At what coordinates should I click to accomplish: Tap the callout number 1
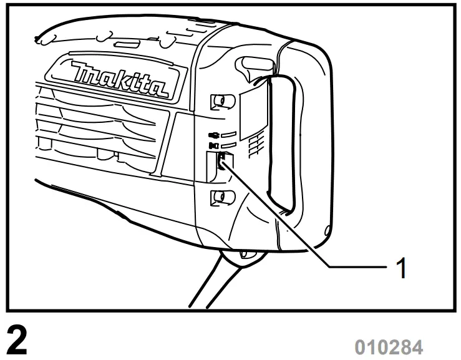403,268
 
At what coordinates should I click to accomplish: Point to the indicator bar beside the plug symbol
229,134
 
